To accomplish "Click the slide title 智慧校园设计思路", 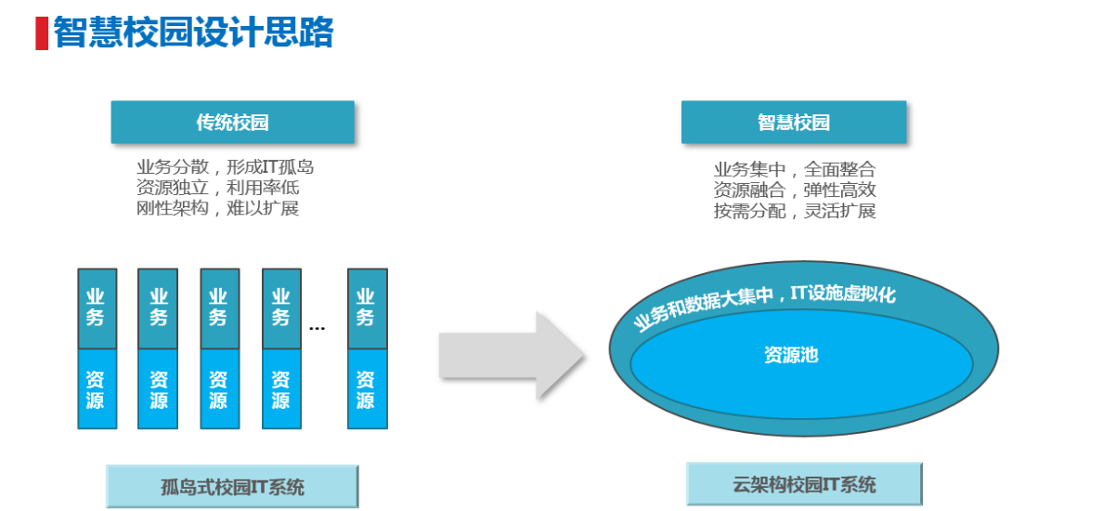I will tap(193, 33).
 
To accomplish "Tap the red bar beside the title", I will tap(41, 33).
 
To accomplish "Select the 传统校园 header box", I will tap(232, 122).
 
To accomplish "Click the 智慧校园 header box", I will tap(794, 122).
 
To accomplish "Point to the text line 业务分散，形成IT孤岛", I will tap(226, 167).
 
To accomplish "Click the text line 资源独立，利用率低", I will tap(218, 188).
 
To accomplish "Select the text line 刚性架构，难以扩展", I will tap(218, 208).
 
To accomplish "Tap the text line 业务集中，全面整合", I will tap(795, 169).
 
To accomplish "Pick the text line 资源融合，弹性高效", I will tap(795, 190).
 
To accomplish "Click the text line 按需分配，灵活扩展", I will tap(795, 211).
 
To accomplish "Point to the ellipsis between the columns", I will tap(318, 328).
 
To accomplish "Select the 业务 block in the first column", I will tap(97, 308).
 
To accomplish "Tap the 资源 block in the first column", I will tap(97, 389).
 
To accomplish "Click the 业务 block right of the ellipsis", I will tap(367, 308).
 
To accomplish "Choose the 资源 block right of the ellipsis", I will tap(367, 389).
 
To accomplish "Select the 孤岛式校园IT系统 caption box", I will tap(232, 486).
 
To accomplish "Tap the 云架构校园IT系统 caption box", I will tap(804, 484).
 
